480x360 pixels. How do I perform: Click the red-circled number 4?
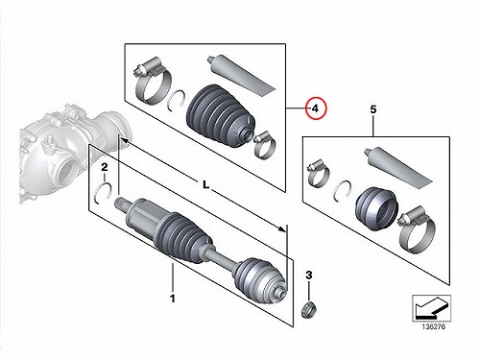point(316,108)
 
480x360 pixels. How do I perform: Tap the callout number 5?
point(373,109)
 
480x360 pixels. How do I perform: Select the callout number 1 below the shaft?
point(173,299)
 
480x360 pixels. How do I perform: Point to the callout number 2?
point(105,167)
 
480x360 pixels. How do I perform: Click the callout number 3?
point(309,275)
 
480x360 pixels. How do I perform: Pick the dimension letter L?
point(205,184)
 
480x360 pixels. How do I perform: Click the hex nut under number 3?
point(309,309)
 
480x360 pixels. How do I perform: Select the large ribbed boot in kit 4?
point(220,117)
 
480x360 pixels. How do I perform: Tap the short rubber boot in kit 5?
point(376,208)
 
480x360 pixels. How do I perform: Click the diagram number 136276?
point(433,326)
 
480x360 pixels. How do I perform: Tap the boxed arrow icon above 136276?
point(431,308)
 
